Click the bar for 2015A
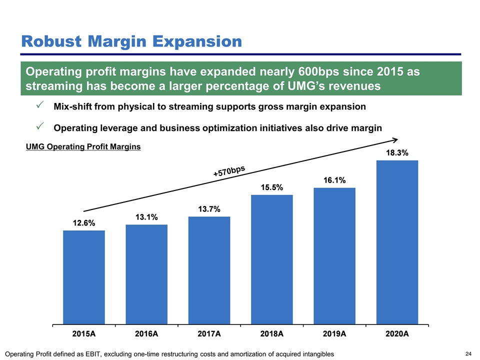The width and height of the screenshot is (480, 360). click(x=84, y=277)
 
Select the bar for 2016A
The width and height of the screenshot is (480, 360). click(x=146, y=274)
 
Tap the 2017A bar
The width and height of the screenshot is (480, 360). click(x=209, y=270)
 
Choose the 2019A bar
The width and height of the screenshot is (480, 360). click(x=334, y=255)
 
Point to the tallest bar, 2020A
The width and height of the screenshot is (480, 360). click(x=397, y=242)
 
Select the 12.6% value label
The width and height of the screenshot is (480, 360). click(x=84, y=223)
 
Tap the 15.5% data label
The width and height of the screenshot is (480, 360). click(x=272, y=187)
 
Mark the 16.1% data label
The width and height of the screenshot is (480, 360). click(x=334, y=180)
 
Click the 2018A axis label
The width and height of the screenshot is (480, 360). click(x=272, y=333)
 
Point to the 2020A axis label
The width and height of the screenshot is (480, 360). click(x=397, y=333)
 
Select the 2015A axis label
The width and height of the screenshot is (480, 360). click(x=84, y=333)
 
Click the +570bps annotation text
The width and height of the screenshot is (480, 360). click(x=229, y=171)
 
